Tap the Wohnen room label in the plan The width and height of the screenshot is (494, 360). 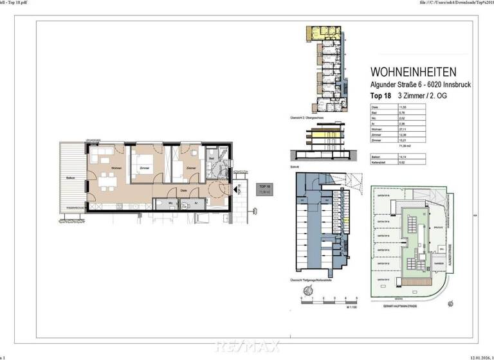click(x=116, y=168)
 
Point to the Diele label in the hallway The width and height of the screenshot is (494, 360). click(x=184, y=190)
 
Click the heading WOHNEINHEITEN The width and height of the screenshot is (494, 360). click(x=414, y=73)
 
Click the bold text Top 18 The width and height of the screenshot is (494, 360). click(x=382, y=96)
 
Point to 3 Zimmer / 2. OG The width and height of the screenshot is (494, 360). click(x=422, y=96)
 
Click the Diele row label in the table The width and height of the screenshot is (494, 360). click(x=376, y=108)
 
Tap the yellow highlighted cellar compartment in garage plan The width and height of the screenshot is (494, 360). click(x=345, y=221)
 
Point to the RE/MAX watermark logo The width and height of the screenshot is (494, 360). click(x=247, y=346)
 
